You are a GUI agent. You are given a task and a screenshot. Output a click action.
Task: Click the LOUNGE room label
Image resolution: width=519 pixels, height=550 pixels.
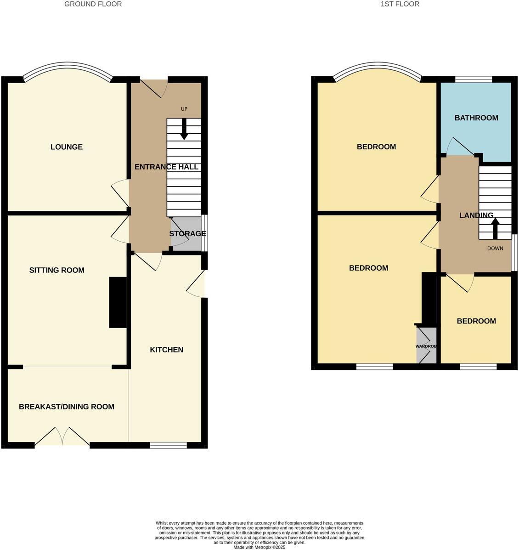pos(67,147)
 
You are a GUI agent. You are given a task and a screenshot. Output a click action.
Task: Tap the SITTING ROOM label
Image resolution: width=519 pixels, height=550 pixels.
pos(57,270)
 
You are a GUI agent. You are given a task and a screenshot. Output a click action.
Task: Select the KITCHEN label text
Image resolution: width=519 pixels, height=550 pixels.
pos(166,350)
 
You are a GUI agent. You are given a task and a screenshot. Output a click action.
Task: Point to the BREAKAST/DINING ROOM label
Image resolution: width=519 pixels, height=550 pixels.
pos(67,407)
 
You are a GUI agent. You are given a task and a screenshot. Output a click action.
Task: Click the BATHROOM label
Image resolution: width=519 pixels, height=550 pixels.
pos(476,118)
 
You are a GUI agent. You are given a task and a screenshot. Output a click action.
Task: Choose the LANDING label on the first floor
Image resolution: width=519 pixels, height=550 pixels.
pos(476,215)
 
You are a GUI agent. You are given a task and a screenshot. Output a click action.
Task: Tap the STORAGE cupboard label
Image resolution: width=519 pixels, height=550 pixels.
pos(187,234)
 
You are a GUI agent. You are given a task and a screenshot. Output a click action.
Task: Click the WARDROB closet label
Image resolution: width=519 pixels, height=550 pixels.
pos(426,346)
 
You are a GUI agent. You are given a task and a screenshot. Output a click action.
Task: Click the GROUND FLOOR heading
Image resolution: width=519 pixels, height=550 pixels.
pos(93,4)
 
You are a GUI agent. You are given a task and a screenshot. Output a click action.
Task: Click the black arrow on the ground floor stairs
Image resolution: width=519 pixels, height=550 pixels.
pos(184,129)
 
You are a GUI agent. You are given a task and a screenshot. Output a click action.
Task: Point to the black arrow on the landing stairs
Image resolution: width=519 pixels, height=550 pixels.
pos(495,228)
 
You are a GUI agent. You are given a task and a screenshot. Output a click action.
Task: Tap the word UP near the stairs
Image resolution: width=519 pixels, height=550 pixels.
pos(184,109)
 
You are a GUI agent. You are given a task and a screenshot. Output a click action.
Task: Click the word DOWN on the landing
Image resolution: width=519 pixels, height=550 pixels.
pos(495,249)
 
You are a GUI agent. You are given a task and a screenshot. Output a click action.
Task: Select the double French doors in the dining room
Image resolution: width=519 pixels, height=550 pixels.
pos(62,437)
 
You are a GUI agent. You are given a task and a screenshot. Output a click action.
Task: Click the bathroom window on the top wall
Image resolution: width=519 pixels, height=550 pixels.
pos(474,79)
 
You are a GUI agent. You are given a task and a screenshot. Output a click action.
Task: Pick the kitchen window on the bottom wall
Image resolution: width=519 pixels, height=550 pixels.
pos(168,445)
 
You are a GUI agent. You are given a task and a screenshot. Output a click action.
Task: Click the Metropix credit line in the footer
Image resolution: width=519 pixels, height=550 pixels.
pos(259,547)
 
